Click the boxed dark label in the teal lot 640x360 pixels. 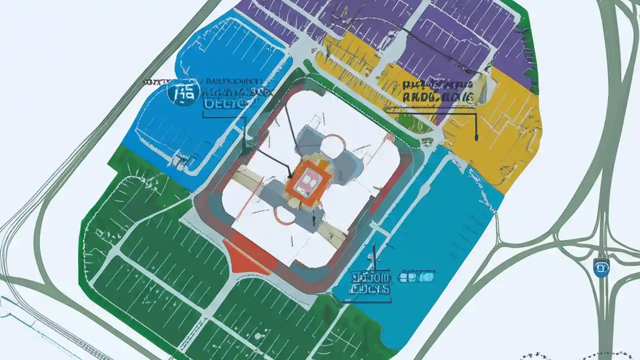click(x=370, y=283)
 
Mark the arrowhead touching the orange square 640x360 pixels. click(x=290, y=176)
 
